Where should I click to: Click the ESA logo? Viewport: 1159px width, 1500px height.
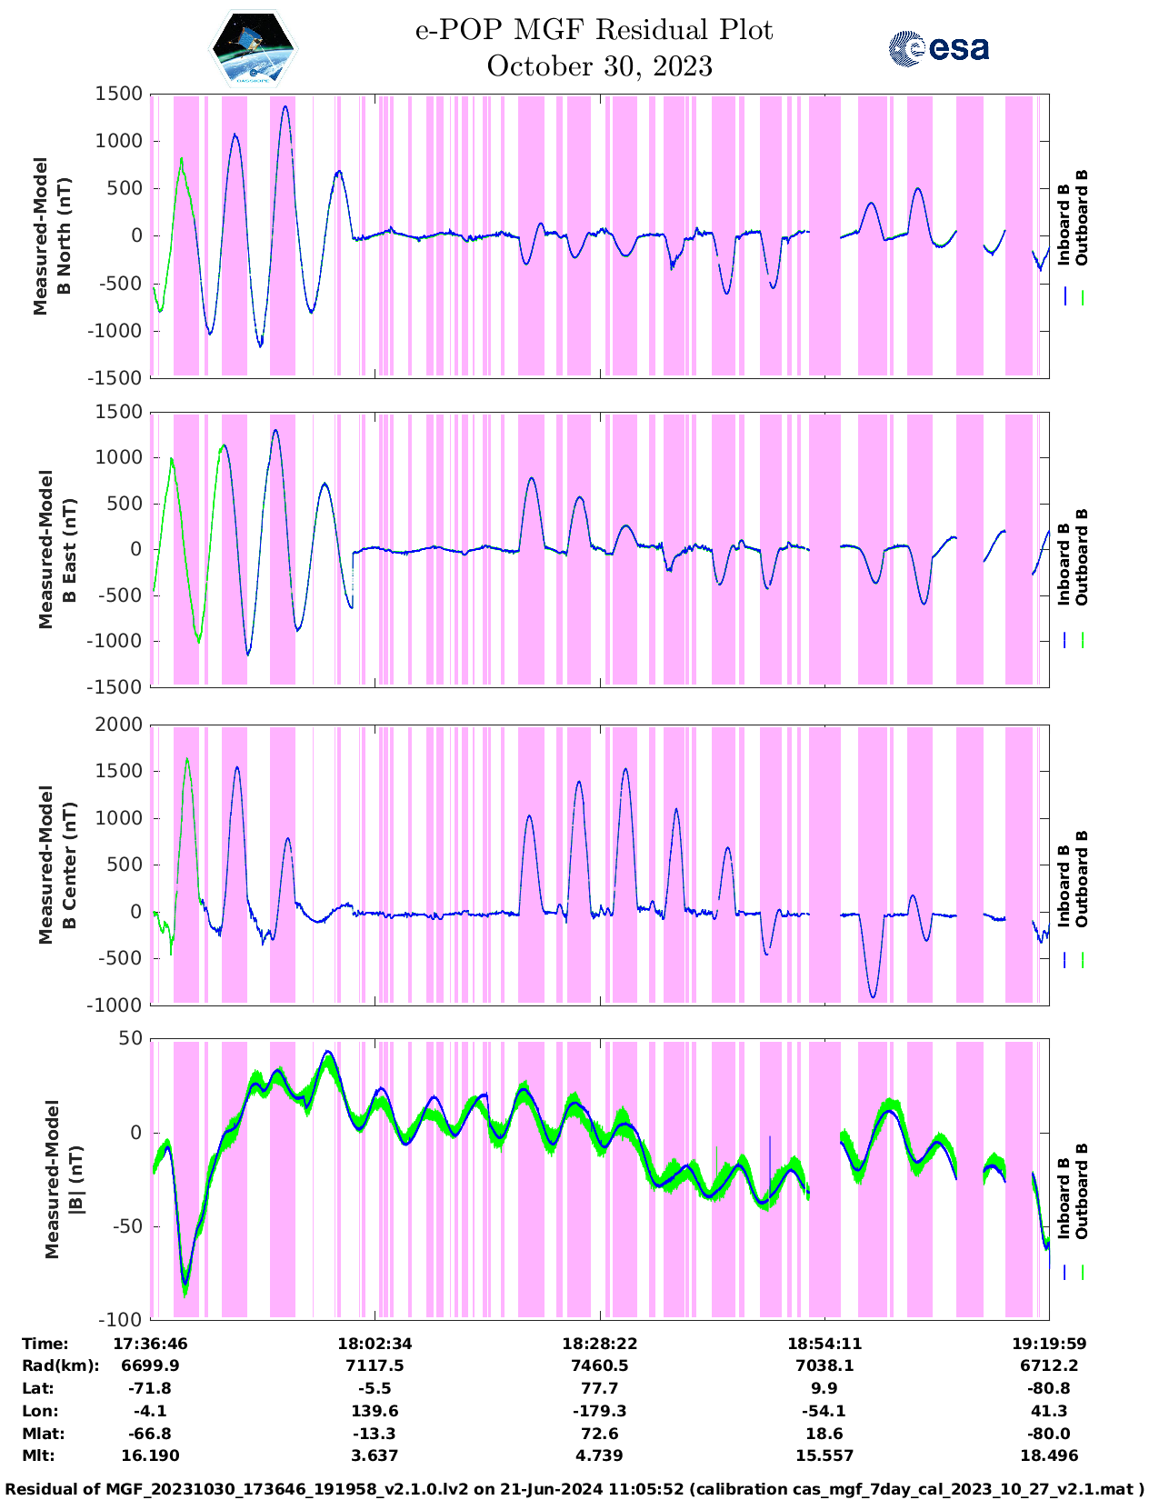tap(939, 48)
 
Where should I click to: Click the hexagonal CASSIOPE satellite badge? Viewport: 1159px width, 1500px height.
tap(253, 48)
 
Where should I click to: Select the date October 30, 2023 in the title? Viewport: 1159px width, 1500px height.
tap(599, 66)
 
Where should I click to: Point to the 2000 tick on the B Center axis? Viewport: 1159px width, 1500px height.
tap(119, 725)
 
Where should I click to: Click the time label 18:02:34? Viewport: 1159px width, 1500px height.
tap(375, 1344)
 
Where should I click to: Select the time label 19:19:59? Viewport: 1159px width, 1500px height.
tap(1049, 1344)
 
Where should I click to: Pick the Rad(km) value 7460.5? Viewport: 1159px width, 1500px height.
tap(599, 1365)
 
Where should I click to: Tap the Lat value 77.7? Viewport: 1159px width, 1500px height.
tap(599, 1388)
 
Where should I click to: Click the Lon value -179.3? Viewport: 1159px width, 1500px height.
tap(599, 1411)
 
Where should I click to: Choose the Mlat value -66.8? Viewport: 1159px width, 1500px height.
tap(150, 1434)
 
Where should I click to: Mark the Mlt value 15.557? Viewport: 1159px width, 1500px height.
tap(824, 1455)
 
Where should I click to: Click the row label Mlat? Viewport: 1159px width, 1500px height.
tap(43, 1434)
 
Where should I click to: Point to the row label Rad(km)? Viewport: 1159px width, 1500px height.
tap(61, 1365)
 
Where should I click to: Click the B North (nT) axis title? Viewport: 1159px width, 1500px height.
tap(64, 236)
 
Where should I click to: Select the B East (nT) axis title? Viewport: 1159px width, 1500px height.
tap(68, 550)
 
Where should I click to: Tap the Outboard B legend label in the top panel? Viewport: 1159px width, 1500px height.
tap(1081, 217)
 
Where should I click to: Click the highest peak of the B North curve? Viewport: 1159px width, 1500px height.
tap(285, 106)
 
